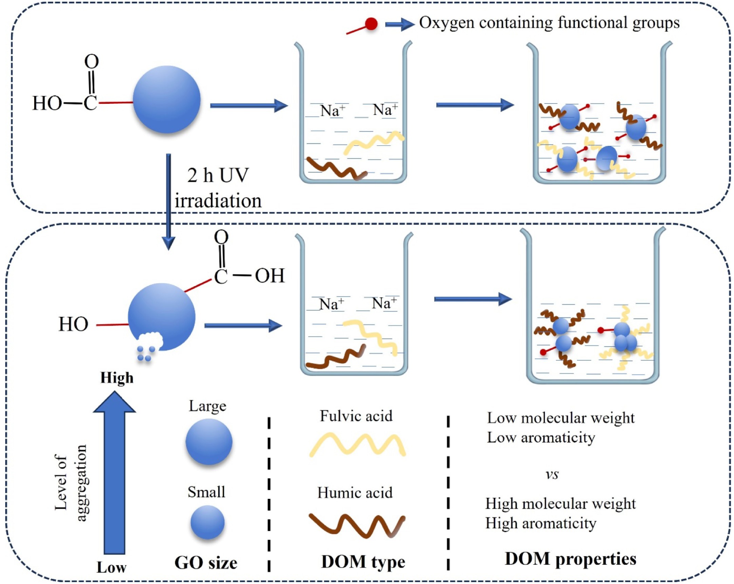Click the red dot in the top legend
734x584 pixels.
point(371,24)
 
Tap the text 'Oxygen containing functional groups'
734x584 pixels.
point(549,23)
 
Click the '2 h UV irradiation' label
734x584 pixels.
point(218,188)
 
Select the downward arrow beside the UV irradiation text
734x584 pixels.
point(168,202)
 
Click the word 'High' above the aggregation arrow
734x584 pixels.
point(117,378)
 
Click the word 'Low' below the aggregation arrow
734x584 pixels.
point(111,568)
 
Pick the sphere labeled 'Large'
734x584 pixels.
point(209,442)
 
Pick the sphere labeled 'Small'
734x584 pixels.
point(207,522)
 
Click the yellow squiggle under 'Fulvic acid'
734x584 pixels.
point(357,445)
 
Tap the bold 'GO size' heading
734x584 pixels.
point(206,563)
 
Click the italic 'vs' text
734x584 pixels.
point(552,474)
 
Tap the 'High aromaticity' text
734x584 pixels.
point(541,523)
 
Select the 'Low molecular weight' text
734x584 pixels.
point(561,418)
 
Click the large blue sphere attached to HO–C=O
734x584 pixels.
point(166,99)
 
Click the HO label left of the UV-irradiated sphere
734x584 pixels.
point(73,324)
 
